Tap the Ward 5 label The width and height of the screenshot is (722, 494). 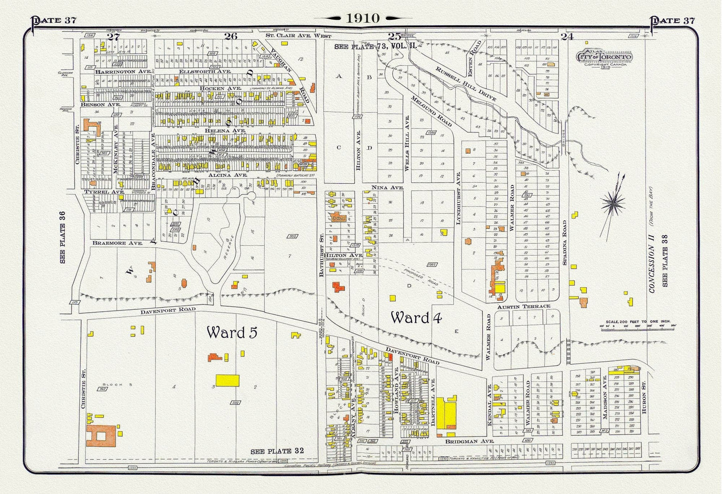pos(232,333)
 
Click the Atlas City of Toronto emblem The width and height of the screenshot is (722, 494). pos(605,57)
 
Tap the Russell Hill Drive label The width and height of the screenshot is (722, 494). pos(466,83)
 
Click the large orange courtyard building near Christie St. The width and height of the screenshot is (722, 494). pos(103,436)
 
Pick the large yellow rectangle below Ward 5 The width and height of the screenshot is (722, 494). pos(227,380)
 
